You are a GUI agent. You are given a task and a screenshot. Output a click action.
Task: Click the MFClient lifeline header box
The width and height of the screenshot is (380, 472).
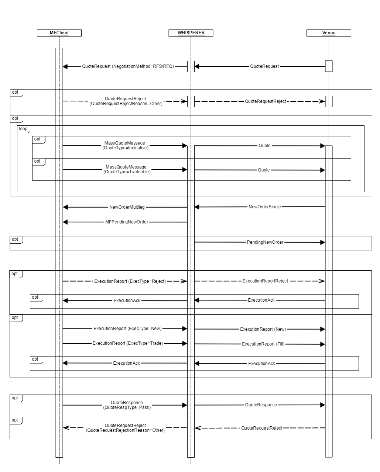[59, 33]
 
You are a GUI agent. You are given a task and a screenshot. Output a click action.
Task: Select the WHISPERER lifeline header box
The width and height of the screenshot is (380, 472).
[191, 33]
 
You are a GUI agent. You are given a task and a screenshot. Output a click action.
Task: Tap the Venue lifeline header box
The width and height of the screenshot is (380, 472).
[329, 33]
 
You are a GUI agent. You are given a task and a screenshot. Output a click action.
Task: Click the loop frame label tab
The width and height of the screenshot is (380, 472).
[24, 129]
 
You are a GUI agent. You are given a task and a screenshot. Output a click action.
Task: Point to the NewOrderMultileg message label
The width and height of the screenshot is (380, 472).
[127, 207]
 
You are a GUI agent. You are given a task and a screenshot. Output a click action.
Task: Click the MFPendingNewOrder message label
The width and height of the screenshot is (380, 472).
[127, 222]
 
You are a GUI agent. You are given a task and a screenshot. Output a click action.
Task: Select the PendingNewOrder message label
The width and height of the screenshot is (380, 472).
[265, 242]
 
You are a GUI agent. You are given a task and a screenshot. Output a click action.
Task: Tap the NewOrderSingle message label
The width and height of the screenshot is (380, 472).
[265, 207]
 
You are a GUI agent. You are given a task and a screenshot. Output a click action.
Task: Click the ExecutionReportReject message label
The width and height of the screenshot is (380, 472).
[265, 281]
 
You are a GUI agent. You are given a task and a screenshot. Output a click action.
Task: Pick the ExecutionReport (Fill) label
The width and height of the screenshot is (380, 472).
[263, 344]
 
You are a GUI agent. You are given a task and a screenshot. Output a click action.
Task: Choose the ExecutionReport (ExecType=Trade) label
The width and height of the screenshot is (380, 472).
[128, 343]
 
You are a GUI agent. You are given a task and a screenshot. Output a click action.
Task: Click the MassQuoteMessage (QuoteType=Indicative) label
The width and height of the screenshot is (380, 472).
[125, 145]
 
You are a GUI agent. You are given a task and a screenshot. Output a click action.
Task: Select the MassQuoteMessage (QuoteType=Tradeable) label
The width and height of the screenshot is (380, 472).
[127, 169]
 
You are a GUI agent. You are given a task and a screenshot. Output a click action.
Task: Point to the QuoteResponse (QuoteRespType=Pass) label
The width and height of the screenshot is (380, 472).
[127, 405]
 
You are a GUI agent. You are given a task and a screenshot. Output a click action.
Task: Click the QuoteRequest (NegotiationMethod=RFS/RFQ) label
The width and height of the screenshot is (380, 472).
[128, 66]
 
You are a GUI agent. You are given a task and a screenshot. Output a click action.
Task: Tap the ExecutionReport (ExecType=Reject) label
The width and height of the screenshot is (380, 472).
[130, 281]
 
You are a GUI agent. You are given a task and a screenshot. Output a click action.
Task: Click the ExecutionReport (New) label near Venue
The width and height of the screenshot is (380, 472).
[263, 329]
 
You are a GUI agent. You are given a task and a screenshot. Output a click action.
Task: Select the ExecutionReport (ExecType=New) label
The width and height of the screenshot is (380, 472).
[127, 329]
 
